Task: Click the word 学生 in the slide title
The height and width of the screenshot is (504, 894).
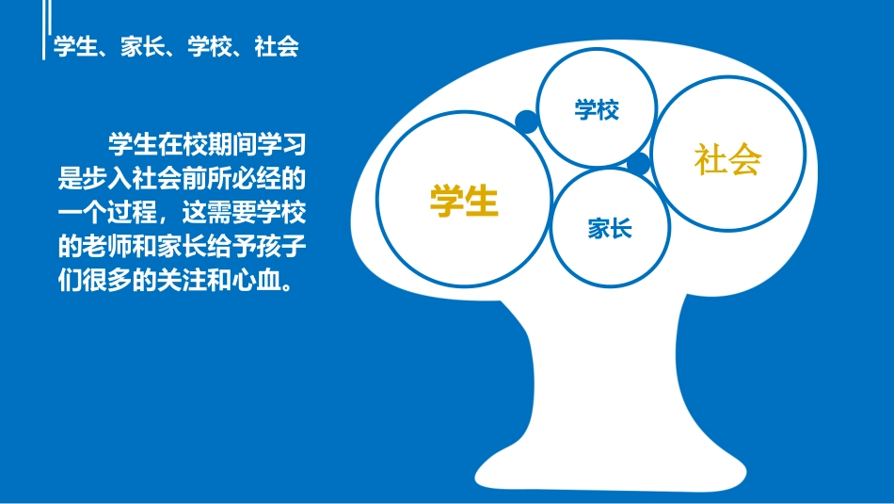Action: [76, 46]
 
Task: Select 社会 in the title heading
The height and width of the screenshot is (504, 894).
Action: [277, 46]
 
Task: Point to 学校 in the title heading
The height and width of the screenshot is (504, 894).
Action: [210, 46]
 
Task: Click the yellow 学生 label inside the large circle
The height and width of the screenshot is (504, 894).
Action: [463, 200]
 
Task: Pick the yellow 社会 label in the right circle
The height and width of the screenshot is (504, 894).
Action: [727, 160]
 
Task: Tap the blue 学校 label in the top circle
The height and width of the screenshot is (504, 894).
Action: [597, 110]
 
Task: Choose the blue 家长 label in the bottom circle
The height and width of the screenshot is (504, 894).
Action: [610, 228]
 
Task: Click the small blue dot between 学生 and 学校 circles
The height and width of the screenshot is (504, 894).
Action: [527, 122]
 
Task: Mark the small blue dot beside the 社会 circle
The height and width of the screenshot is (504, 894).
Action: [638, 164]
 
